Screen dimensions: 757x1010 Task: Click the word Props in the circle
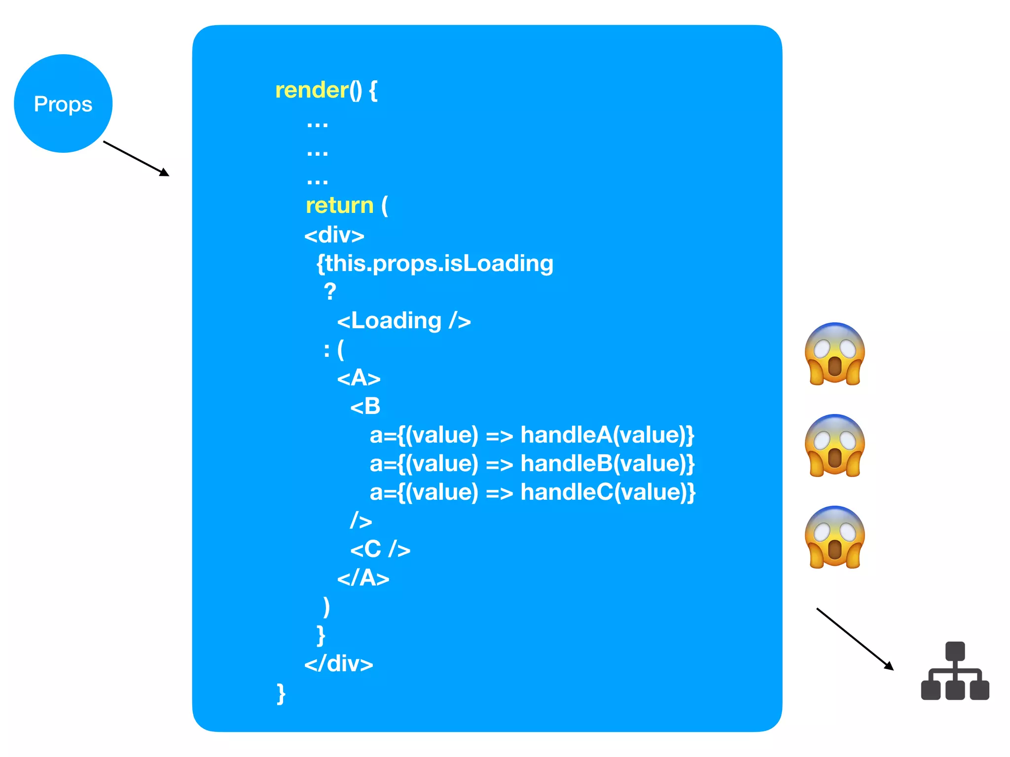63,104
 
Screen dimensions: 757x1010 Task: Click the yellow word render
312,90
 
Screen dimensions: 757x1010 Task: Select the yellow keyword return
339,206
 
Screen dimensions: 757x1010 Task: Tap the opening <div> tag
334,235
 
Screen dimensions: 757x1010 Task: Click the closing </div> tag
338,664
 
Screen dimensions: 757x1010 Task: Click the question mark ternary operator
330,292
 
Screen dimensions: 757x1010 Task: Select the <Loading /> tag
403,321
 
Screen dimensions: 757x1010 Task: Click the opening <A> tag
359,378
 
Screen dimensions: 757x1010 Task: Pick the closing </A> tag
363,578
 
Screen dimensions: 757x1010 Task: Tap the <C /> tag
380,549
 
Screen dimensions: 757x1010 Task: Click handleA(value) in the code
607,435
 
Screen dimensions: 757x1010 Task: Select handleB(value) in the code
607,464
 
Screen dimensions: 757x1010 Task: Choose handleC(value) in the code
607,492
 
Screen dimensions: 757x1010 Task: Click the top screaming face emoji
834,354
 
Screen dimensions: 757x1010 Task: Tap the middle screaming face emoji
834,446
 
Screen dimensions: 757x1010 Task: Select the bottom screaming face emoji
834,537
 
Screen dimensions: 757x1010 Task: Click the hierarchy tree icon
955,671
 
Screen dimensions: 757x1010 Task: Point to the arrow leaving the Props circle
136,159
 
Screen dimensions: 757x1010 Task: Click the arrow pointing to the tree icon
855,639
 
